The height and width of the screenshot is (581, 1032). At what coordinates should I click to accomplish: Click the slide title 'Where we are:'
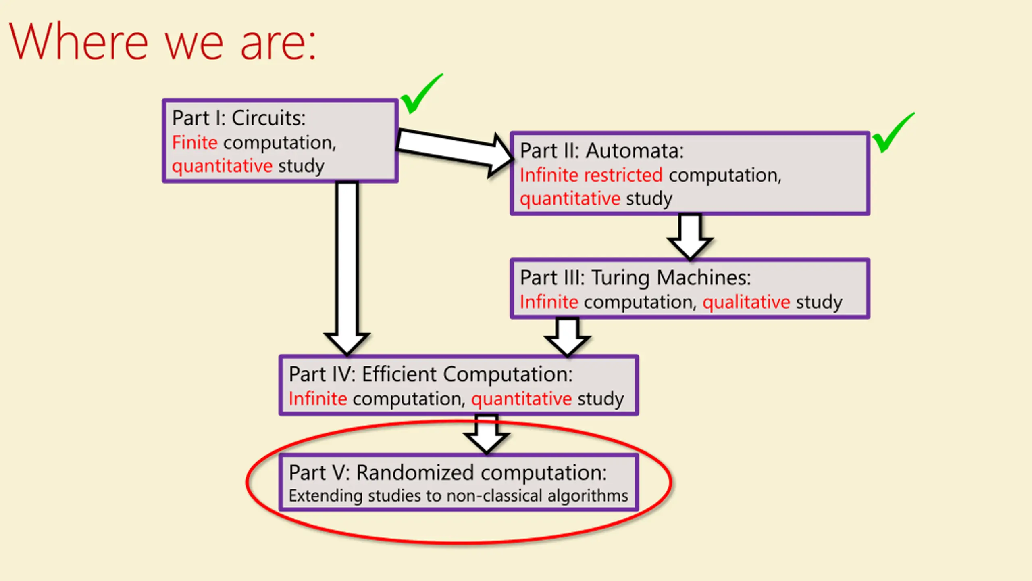coord(162,42)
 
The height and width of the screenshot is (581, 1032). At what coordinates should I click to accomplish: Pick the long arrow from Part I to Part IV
coord(347,269)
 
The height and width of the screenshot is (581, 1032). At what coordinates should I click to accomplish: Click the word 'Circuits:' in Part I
coord(268,118)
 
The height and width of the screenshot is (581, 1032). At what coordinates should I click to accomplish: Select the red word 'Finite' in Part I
coord(195,142)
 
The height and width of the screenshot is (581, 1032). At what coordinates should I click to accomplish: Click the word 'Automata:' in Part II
coord(635,151)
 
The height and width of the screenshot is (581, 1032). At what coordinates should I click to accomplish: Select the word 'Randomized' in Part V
coord(415,472)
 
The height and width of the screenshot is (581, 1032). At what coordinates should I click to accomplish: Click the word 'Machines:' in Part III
coord(703,278)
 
